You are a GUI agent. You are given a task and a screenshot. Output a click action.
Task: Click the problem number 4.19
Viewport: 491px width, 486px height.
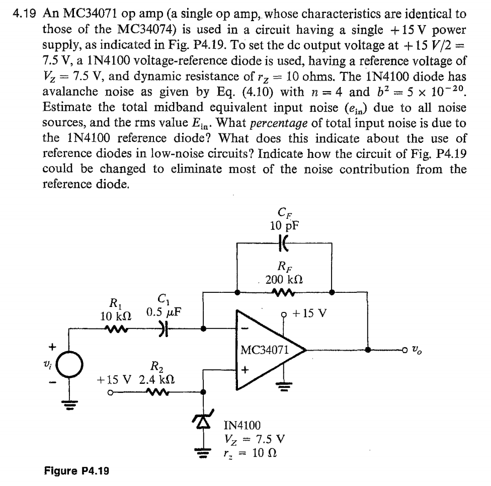[x=25, y=14]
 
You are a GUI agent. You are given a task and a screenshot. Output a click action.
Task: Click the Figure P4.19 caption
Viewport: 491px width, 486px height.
[x=76, y=471]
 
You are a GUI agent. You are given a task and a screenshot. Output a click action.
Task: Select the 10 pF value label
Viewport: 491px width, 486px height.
[x=284, y=225]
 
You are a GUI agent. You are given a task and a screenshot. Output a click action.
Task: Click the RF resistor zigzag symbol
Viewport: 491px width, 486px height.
[x=284, y=293]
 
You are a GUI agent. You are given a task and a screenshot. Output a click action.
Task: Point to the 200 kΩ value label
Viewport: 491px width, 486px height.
[x=284, y=279]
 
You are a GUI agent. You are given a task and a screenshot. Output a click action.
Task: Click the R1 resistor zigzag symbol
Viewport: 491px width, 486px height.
[x=117, y=329]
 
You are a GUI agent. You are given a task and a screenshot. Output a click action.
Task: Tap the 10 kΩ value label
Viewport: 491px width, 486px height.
[x=116, y=316]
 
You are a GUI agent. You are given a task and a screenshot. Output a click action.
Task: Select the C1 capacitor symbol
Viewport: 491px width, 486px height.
[x=163, y=329]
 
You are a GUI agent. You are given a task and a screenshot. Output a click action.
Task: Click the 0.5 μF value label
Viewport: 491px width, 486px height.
[x=163, y=312]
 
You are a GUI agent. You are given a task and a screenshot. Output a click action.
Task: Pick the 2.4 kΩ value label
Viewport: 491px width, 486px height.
[x=157, y=380]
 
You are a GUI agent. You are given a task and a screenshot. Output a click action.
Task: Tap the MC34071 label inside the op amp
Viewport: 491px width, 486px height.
[x=265, y=350]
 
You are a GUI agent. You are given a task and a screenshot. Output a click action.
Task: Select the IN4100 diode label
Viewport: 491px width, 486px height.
[x=242, y=425]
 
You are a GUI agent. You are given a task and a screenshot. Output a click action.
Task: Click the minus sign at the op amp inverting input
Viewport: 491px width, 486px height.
[x=246, y=329]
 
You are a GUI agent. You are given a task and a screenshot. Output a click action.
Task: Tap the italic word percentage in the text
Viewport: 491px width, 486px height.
[x=279, y=123]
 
